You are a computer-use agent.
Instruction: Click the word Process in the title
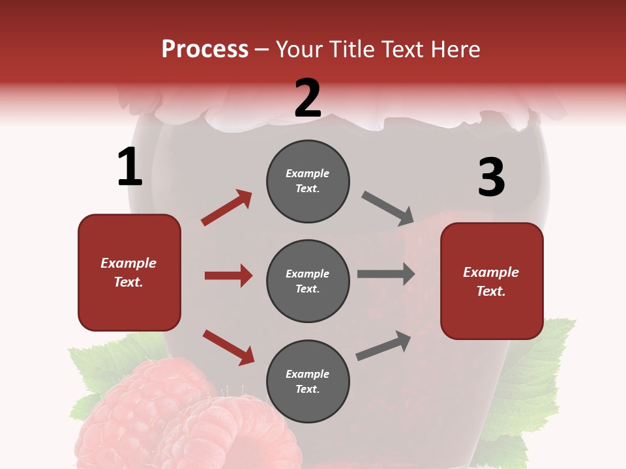205,49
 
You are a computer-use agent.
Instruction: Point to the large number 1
130,167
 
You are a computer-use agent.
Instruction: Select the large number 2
308,98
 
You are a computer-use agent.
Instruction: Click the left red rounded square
129,272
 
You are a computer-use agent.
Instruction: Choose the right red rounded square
492,281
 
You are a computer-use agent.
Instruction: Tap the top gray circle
308,181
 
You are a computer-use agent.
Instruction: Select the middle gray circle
308,281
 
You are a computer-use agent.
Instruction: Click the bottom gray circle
308,382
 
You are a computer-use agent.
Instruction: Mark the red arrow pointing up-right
226,208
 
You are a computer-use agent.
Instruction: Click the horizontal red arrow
228,276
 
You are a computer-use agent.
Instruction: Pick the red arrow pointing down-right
228,347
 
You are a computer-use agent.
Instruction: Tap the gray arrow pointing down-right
388,208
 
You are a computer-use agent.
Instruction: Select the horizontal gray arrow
386,274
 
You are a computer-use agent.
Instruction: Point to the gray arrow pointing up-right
383,346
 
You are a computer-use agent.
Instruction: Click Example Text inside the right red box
491,281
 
